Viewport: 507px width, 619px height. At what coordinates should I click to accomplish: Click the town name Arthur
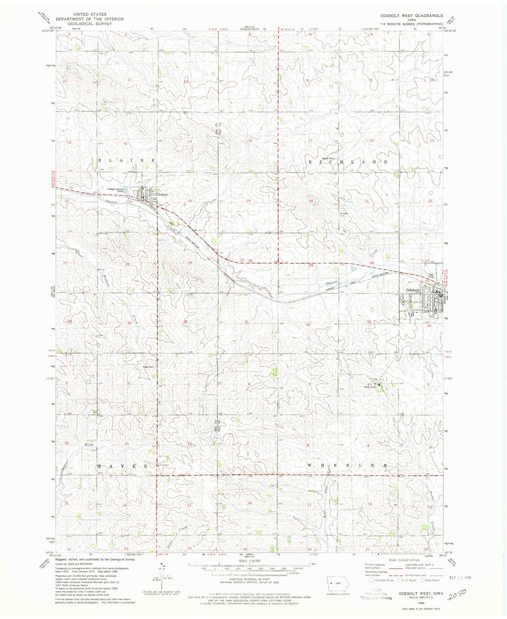coord(163,194)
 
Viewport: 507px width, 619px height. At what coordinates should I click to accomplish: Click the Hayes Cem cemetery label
coord(148,367)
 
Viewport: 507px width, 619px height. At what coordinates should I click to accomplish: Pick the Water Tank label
coord(368,387)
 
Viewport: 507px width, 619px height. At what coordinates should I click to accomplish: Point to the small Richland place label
coord(343,214)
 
